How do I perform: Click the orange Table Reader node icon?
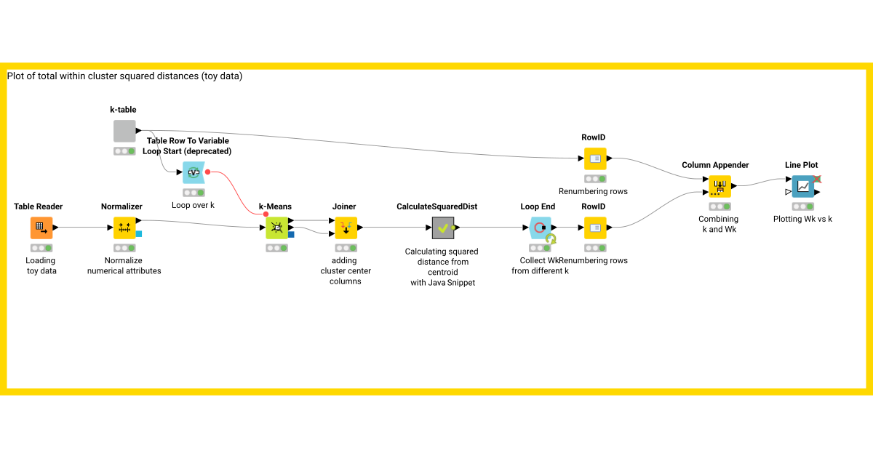coord(41,228)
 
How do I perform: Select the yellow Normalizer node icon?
coord(124,228)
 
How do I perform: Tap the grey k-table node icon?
coord(124,131)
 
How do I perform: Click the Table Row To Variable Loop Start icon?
coord(194,172)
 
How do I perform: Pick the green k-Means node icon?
coord(276,228)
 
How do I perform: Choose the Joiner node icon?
coord(346,228)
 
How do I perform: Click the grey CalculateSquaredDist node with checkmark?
coord(442,228)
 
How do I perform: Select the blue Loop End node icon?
coord(539,228)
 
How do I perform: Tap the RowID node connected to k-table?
coord(594,158)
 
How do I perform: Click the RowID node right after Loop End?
coord(594,228)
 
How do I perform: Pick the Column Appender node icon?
coord(719,186)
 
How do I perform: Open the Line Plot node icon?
coord(802,186)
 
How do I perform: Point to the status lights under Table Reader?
coord(41,248)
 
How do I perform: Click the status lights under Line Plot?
coord(802,206)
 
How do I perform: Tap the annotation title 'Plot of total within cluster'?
coord(124,76)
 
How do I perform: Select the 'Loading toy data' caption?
coord(41,265)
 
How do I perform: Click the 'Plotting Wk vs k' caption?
coord(802,219)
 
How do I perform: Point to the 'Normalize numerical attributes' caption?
coord(124,265)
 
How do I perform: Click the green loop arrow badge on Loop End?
coord(551,238)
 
